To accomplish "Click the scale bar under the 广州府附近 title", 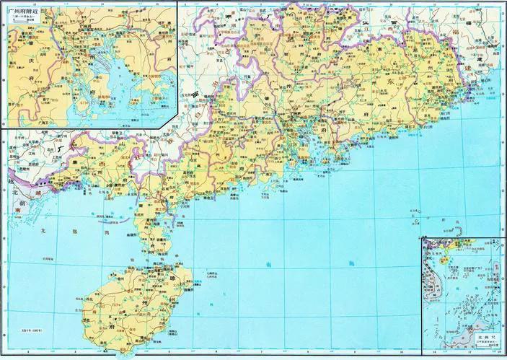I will [22, 22].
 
